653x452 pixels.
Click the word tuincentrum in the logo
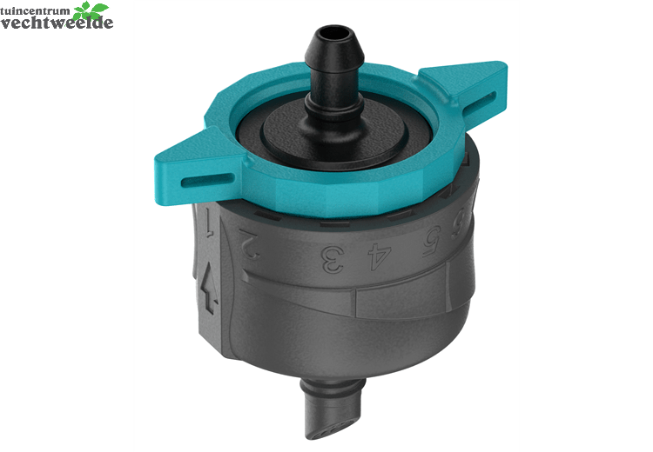[36, 10]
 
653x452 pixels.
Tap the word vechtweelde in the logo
[57, 23]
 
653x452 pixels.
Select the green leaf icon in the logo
[91, 10]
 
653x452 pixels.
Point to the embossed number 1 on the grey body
[210, 222]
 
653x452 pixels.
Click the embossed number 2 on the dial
[250, 244]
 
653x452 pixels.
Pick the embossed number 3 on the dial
[333, 259]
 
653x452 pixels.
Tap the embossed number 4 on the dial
[380, 256]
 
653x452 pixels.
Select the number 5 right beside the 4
[432, 241]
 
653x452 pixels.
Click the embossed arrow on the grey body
[210, 289]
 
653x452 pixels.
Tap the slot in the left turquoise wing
[207, 180]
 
